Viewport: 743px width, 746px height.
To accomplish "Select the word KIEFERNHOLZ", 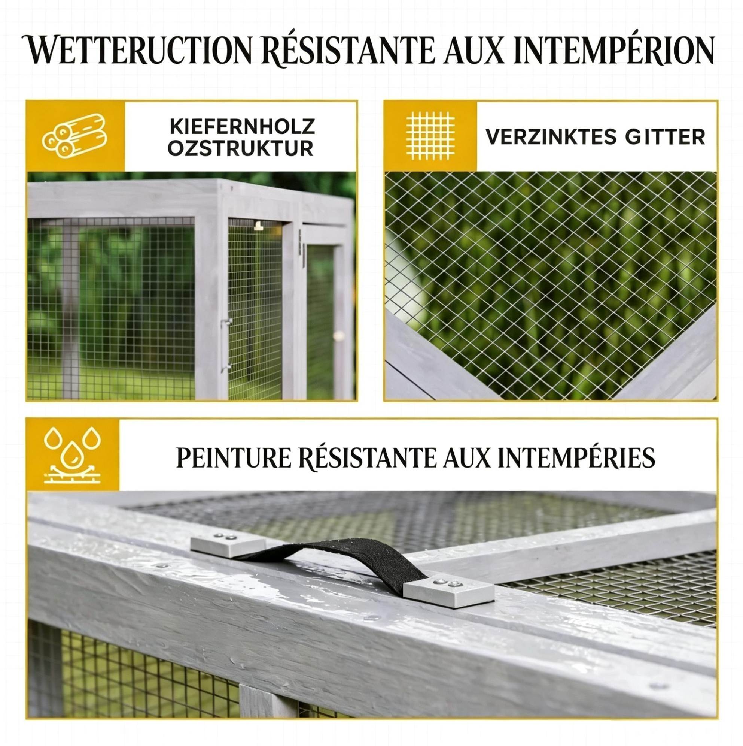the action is (242, 127).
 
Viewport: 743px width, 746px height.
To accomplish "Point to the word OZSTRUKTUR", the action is (241, 149).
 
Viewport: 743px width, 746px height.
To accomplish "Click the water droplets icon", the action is (73, 455).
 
